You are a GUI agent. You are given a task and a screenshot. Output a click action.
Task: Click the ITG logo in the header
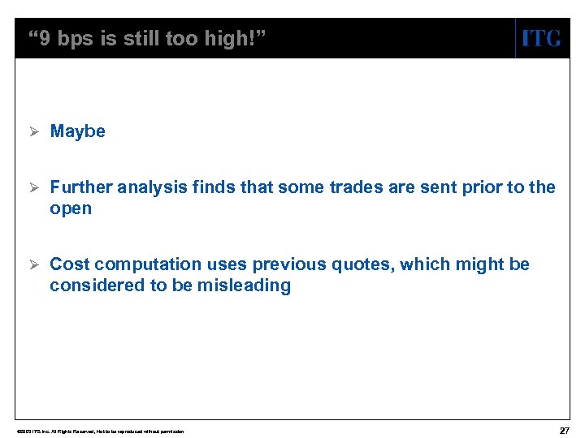tap(540, 38)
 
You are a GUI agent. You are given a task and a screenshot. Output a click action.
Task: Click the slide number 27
tap(564, 430)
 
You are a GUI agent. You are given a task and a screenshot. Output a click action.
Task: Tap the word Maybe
tap(77, 131)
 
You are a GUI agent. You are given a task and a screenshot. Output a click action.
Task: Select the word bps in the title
tap(76, 39)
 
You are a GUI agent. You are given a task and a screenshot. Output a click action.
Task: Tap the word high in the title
tap(231, 39)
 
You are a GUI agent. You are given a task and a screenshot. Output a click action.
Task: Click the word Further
tap(81, 187)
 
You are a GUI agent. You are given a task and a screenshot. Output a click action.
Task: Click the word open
tap(71, 208)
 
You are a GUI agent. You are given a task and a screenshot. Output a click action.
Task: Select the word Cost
tap(70, 264)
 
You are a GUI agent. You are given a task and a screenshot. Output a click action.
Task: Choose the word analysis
tap(151, 187)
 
